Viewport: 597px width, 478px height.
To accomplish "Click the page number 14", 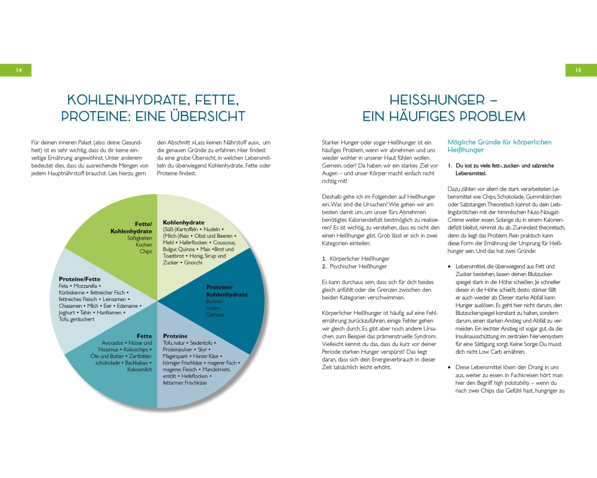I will pos(19,70).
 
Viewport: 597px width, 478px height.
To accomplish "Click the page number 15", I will pos(578,70).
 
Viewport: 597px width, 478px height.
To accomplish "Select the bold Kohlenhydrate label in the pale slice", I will pos(184,222).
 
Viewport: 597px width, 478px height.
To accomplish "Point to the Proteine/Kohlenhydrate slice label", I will pos(227,290).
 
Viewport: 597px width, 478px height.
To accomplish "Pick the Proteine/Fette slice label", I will pos(79,279).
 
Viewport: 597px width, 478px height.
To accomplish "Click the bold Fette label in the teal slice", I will pos(144,336).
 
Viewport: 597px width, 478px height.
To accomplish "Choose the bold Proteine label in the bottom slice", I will pos(175,336).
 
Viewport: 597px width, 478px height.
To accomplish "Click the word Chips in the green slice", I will pos(146,252).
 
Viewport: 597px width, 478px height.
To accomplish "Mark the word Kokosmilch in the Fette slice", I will pos(140,370).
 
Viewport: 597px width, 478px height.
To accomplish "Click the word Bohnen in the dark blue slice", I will pos(215,302).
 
